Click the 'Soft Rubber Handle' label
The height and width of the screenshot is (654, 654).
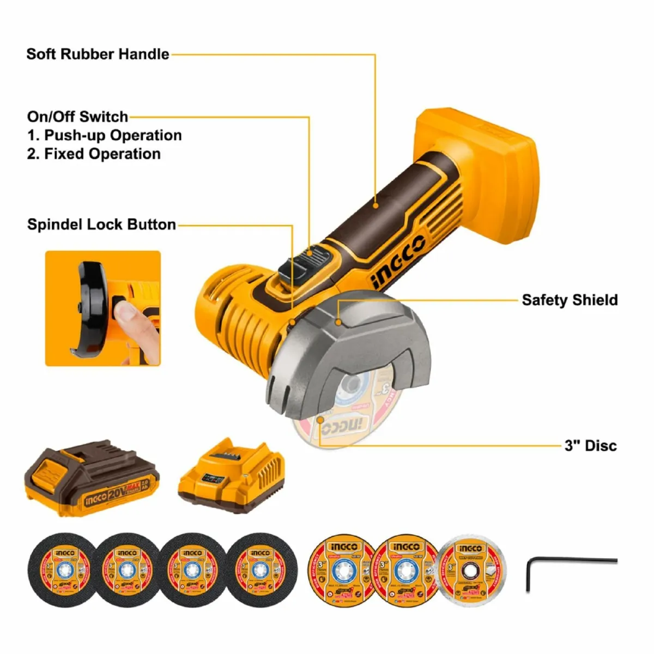pos(98,55)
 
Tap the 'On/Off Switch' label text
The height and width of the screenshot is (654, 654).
pos(77,117)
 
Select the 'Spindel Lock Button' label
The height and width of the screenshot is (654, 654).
pos(101,225)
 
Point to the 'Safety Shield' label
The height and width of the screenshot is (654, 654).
pos(570,300)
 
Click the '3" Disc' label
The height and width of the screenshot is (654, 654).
pos(591,446)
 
